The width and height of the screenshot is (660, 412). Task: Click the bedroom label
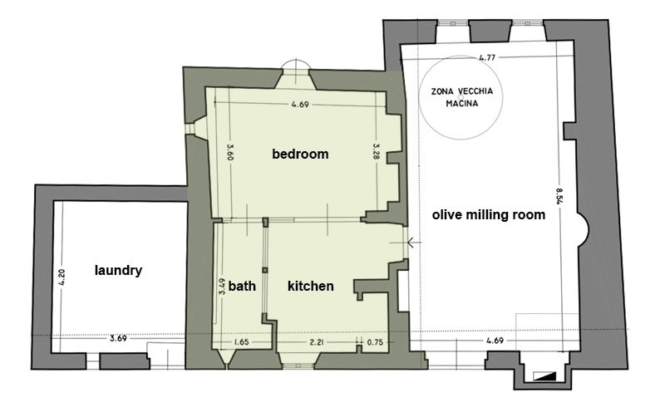click(x=300, y=154)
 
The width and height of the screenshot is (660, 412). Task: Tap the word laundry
click(x=118, y=270)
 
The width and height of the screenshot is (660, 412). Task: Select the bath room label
click(x=242, y=286)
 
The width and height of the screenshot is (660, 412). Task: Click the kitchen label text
click(x=311, y=286)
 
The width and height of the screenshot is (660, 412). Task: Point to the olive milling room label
click(x=489, y=215)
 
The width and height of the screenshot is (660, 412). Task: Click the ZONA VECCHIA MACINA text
click(x=461, y=97)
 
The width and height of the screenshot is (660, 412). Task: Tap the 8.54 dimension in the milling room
click(x=559, y=196)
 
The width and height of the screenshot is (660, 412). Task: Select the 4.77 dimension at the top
click(x=487, y=57)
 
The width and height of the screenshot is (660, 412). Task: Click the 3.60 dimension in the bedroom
click(x=229, y=152)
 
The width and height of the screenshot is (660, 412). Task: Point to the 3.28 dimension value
click(x=377, y=151)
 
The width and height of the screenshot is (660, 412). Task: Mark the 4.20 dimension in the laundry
click(x=62, y=277)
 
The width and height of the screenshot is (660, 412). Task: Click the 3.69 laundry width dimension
click(x=118, y=338)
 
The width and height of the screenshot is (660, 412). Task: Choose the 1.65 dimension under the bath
click(x=241, y=341)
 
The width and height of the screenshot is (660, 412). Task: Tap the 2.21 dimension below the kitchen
click(x=317, y=342)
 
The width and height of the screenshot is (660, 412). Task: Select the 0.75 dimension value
click(x=375, y=342)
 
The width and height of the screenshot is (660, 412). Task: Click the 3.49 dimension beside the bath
click(x=222, y=286)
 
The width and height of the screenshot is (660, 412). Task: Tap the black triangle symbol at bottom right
click(x=544, y=375)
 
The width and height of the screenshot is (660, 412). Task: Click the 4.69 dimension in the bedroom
click(x=300, y=105)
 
